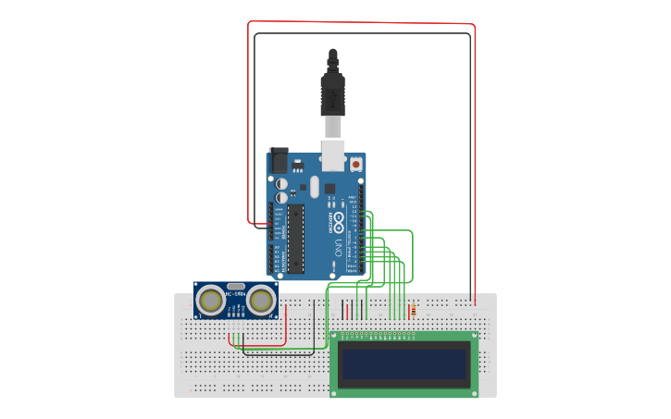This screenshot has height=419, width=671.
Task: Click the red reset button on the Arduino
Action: (x=356, y=164)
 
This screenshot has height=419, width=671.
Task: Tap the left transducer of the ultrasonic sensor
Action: (x=211, y=300)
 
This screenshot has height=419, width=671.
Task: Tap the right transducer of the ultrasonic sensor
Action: (x=262, y=300)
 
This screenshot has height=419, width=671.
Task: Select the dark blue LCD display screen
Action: (x=404, y=364)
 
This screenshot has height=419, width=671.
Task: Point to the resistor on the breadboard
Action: (x=413, y=311)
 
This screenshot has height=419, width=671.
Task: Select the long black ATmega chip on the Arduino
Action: (x=295, y=239)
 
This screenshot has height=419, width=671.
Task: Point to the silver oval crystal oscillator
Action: (x=314, y=187)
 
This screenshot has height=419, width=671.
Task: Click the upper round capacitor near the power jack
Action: (x=280, y=184)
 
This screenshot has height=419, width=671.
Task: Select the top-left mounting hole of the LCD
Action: (x=335, y=336)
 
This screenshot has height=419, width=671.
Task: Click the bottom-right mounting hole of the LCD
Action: (x=475, y=391)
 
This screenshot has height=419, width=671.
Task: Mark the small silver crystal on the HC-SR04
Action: (x=236, y=287)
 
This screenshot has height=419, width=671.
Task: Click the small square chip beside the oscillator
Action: (x=329, y=190)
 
